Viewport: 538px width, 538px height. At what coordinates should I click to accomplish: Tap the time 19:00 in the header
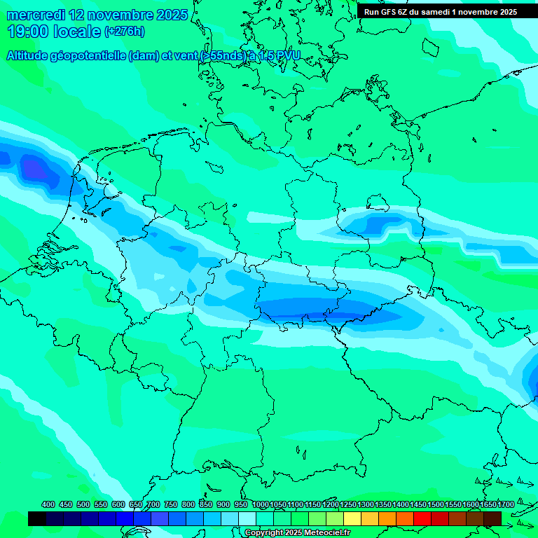point(27,32)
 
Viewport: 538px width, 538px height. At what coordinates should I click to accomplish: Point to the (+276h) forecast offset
point(124,32)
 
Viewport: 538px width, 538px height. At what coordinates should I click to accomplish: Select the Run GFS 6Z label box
point(440,12)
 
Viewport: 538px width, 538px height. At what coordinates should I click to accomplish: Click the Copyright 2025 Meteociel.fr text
point(297,533)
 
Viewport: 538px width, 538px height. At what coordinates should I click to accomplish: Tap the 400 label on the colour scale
point(48,504)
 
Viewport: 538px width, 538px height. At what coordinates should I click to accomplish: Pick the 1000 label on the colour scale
point(261,504)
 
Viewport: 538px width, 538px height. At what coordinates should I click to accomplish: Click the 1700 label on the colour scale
point(506,504)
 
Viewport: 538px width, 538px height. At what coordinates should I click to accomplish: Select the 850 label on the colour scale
point(206,504)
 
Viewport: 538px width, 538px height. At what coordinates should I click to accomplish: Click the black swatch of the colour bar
point(37,518)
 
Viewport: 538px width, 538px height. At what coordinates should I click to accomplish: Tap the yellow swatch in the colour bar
point(352,518)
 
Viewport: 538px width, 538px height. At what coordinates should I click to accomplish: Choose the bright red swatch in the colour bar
point(422,518)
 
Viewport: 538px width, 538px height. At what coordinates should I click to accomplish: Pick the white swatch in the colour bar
point(247,518)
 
